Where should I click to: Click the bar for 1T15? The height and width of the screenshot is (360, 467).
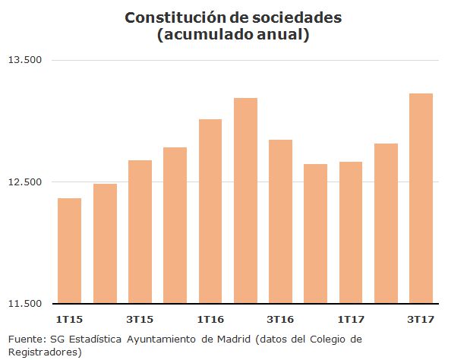click(x=69, y=251)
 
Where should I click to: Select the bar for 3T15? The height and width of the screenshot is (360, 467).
click(x=140, y=232)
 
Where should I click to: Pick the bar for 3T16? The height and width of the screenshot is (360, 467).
click(x=280, y=221)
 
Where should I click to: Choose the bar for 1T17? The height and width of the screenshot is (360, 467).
click(x=350, y=232)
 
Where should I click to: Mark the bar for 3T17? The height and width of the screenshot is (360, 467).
click(x=421, y=198)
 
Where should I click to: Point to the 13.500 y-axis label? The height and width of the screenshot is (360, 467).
click(x=24, y=60)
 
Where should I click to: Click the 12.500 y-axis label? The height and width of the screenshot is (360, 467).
click(x=24, y=182)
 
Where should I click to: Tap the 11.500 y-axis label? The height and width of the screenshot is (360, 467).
click(x=24, y=304)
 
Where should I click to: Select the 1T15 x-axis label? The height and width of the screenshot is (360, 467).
click(x=69, y=318)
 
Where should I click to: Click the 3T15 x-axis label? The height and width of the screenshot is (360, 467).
click(x=140, y=318)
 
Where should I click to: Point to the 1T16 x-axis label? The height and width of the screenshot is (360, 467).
click(x=210, y=318)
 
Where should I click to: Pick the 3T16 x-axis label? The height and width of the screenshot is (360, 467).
click(x=280, y=318)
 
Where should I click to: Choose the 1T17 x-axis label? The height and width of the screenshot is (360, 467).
click(x=350, y=318)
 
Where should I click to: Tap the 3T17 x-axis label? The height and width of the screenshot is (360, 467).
click(x=421, y=318)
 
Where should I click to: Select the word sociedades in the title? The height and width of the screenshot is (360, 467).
click(x=293, y=17)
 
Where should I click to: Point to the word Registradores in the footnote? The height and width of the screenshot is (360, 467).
click(x=43, y=352)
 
